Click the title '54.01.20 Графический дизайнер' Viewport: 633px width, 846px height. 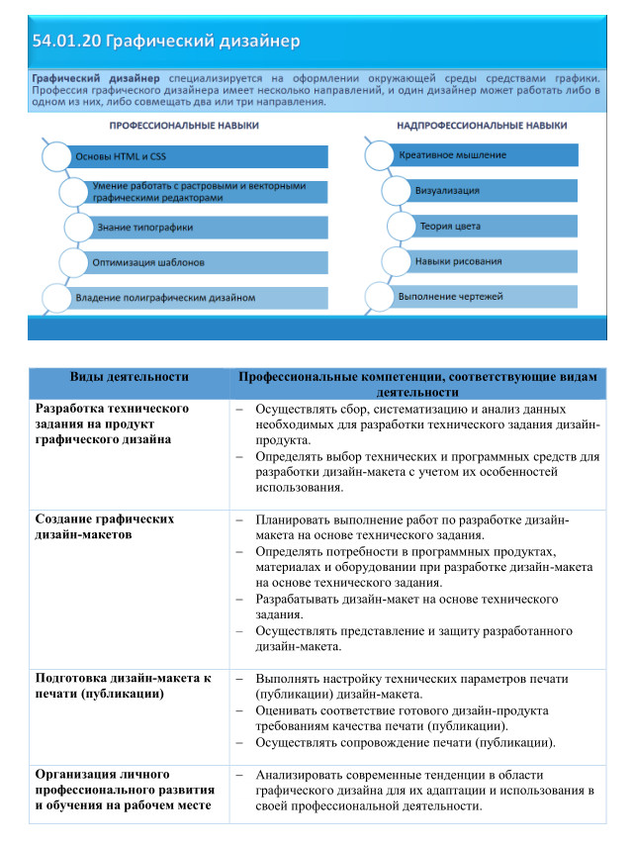(165, 42)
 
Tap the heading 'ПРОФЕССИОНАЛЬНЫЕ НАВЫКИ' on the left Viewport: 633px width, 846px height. (184, 127)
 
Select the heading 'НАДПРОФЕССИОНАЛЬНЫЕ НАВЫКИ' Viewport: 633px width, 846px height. (482, 127)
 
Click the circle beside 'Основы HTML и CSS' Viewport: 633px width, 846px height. (56, 156)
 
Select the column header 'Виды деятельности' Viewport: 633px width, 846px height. (129, 377)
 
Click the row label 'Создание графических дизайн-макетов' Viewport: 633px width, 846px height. (104, 526)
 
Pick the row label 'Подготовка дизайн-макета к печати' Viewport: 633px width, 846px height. (123, 686)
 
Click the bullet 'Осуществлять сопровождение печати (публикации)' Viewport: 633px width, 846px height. (405, 742)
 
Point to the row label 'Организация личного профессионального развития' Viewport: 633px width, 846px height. (123, 790)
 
